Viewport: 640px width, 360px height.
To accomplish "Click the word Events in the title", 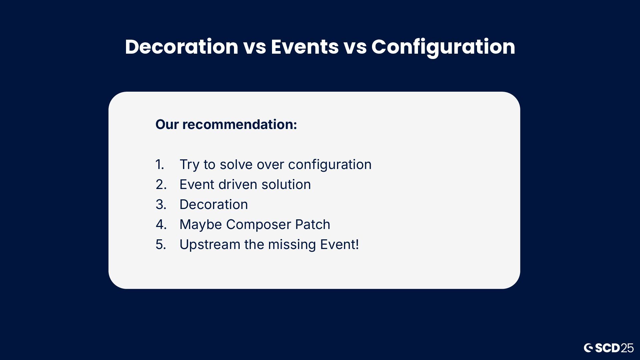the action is point(305,47).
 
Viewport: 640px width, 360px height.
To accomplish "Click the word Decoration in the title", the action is point(182,47).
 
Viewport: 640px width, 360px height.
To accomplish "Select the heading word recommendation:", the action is point(240,124).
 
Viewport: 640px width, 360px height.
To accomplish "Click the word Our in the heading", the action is point(167,124).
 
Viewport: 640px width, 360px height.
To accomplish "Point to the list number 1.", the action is point(160,164).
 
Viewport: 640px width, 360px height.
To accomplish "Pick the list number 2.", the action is point(161,184).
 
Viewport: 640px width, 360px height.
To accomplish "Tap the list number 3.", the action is point(161,204).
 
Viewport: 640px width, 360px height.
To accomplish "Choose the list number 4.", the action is point(161,224).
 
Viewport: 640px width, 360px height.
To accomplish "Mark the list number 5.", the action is point(161,244).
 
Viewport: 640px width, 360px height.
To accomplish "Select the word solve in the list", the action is point(236,164).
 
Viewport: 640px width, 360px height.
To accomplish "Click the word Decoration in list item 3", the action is point(214,204).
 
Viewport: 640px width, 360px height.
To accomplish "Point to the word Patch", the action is point(312,224).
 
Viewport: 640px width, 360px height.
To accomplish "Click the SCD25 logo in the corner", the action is point(609,348).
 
